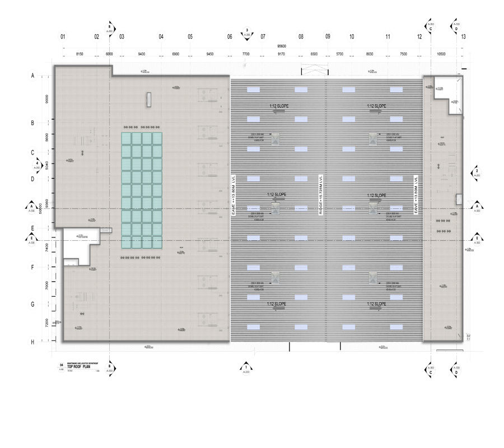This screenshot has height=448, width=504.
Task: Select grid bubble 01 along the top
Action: [63, 37]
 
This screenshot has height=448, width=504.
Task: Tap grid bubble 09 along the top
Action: [328, 37]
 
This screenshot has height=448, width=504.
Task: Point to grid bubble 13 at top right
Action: [464, 37]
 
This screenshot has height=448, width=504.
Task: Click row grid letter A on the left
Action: [32, 75]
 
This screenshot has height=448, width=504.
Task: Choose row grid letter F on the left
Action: [32, 268]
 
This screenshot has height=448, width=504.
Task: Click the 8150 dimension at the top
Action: [80, 54]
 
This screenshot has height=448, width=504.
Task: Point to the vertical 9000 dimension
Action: [48, 99]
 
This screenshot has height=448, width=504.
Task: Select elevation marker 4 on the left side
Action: [37, 166]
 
